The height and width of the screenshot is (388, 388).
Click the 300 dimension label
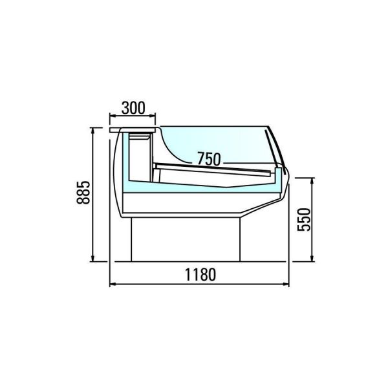pyautogui.click(x=133, y=108)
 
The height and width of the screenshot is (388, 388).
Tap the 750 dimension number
pyautogui.click(x=209, y=158)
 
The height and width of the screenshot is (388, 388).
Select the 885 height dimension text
pyautogui.click(x=83, y=193)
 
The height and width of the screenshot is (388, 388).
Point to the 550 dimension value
pyautogui.click(x=304, y=220)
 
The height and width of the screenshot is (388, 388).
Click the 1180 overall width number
pyautogui.click(x=200, y=274)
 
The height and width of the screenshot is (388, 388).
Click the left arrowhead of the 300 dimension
pyautogui.click(x=113, y=115)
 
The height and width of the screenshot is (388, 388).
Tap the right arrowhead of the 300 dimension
pyautogui.click(x=152, y=115)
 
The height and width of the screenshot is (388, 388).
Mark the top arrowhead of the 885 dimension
pyautogui.click(x=92, y=131)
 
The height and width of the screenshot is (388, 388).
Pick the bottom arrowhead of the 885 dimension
pyautogui.click(x=92, y=258)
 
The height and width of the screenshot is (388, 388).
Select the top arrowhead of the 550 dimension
pyautogui.click(x=312, y=181)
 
